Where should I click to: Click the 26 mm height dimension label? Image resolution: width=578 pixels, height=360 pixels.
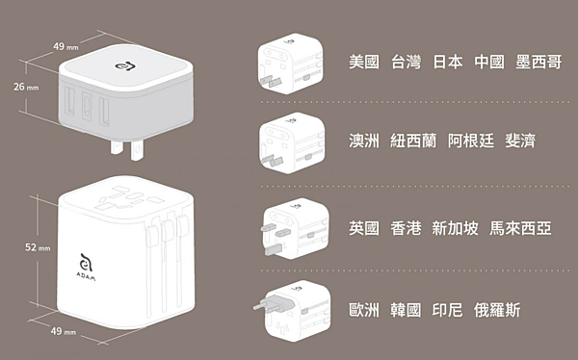(26, 87)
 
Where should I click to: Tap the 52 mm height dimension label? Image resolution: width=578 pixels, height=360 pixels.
(38, 247)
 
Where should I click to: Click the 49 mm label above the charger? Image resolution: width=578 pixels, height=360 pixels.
(66, 47)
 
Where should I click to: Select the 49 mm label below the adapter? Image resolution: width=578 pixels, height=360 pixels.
(63, 331)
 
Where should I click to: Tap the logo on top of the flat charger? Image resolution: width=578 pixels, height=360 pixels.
(125, 66)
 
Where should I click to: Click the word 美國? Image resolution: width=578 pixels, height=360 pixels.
(364, 62)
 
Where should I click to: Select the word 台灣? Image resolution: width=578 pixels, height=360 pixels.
(406, 62)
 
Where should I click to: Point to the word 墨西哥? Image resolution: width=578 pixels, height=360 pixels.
(539, 62)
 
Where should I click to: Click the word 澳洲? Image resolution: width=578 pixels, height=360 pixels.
(364, 141)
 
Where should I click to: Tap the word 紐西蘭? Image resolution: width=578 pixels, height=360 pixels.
(413, 141)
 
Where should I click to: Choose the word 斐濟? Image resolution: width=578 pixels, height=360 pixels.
(520, 141)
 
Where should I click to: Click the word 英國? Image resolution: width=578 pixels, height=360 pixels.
(364, 228)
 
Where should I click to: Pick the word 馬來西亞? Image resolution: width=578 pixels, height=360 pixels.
(520, 228)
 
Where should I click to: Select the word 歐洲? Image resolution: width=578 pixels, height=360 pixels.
(364, 310)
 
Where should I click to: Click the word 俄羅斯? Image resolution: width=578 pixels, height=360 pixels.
(497, 310)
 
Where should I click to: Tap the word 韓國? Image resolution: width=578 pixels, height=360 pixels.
(406, 310)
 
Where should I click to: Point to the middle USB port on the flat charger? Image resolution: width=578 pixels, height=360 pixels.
(87, 106)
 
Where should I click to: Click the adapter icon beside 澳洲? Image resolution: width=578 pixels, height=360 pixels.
(292, 143)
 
